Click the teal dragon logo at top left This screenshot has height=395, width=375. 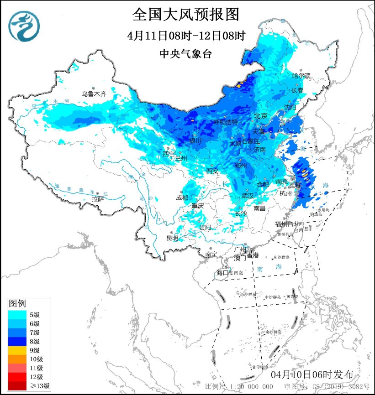click(24, 25)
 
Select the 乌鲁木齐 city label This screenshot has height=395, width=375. click(94, 94)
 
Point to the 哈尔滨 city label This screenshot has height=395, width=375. click(301, 75)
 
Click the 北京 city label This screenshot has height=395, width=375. click(260, 116)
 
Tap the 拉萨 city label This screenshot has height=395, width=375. click(97, 199)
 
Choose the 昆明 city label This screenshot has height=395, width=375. click(172, 238)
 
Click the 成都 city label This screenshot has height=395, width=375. click(182, 197)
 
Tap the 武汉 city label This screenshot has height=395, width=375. click(247, 195)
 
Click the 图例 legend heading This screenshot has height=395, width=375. click(18, 303)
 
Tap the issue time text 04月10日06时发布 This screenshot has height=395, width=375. click(312, 374)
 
